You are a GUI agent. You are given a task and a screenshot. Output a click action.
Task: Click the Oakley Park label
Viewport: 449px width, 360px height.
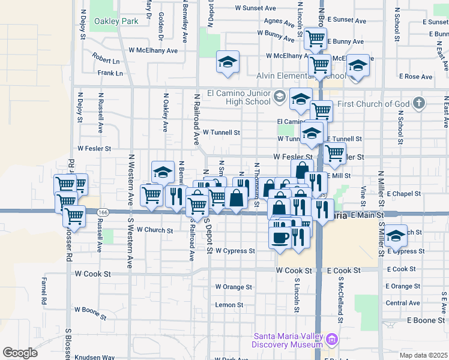click(x=116, y=22)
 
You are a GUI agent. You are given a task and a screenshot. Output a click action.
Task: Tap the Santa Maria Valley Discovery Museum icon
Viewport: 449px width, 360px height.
click(x=331, y=341)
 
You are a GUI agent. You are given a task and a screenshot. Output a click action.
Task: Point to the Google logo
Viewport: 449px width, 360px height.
click(x=20, y=352)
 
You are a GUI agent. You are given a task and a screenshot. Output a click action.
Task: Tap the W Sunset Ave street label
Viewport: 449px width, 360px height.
click(x=255, y=8)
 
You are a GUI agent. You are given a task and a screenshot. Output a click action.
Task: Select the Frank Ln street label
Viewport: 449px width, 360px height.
click(x=110, y=73)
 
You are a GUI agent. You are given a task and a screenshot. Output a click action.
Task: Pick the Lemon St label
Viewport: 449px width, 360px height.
click(x=229, y=305)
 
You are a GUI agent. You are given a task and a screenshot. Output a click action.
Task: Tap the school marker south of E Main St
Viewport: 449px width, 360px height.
click(x=396, y=236)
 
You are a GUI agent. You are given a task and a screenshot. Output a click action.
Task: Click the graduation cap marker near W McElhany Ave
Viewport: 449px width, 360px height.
click(x=228, y=62)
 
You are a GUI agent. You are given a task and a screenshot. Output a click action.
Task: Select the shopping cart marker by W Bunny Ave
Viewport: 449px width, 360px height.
click(x=315, y=39)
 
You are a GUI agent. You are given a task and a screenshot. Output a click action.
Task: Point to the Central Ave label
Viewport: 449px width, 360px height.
click(x=403, y=303)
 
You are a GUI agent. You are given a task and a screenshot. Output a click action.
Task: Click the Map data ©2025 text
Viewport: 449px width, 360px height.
click(x=423, y=355)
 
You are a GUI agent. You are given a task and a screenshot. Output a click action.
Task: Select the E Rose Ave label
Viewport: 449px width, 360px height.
click(x=418, y=77)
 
